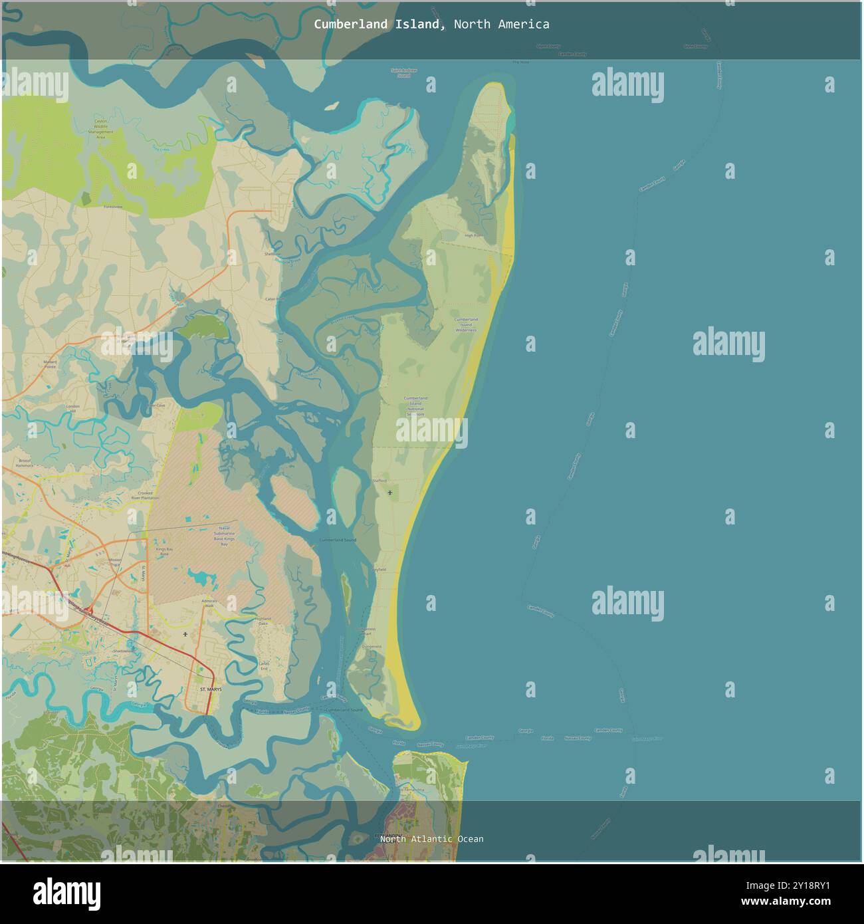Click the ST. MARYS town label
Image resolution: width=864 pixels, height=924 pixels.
click(x=211, y=690)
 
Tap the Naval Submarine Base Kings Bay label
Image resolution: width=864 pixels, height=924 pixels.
click(x=214, y=535)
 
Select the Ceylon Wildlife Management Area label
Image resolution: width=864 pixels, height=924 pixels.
click(x=101, y=128)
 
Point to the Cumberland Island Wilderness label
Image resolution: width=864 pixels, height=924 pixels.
click(x=466, y=324)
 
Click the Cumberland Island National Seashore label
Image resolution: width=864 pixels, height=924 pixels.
click(x=415, y=405)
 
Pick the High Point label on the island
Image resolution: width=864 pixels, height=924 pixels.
click(x=473, y=236)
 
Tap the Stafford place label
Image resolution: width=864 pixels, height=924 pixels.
click(x=379, y=479)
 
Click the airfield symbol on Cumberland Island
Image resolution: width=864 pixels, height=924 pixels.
click(x=389, y=493)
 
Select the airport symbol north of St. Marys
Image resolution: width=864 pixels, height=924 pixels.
click(x=185, y=635)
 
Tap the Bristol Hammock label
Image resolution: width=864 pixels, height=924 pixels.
click(x=25, y=463)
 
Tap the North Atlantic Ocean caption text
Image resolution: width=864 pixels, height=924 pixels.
click(x=431, y=839)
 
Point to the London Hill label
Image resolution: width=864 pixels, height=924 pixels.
click(x=73, y=408)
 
